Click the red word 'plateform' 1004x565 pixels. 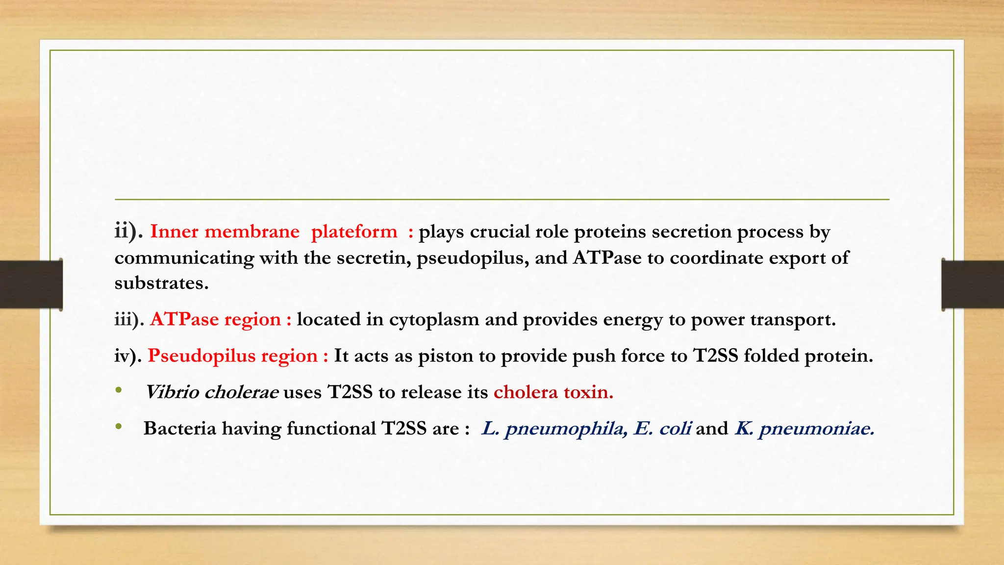tap(354, 232)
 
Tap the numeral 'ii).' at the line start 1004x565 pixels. tap(128, 231)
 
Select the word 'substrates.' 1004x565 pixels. tap(161, 283)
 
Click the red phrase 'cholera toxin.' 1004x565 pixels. tap(553, 392)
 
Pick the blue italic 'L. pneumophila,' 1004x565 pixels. tap(554, 429)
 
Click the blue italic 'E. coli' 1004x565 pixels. tap(662, 429)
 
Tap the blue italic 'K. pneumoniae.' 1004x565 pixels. tap(804, 429)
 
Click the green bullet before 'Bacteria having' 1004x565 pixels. tap(119, 427)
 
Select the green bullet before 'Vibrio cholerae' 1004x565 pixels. tap(119, 391)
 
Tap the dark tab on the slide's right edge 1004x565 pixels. tap(973, 284)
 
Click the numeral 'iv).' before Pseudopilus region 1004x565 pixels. tap(128, 356)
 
